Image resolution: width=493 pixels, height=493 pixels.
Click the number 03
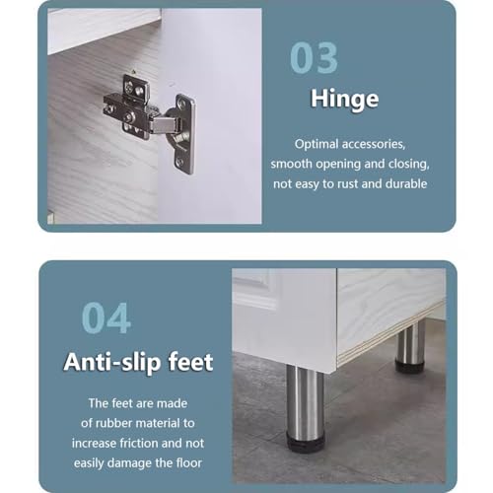pyautogui.click(x=314, y=58)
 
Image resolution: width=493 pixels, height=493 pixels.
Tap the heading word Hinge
pyautogui.click(x=345, y=99)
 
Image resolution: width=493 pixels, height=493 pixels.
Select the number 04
pyautogui.click(x=106, y=318)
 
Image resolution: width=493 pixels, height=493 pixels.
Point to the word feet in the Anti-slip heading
pyautogui.click(x=190, y=362)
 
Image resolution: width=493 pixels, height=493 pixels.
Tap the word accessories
pyautogui.click(x=374, y=144)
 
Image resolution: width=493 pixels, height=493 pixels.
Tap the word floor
pyautogui.click(x=189, y=462)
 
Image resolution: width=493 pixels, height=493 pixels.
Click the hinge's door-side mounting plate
pyautogui.click(x=183, y=133)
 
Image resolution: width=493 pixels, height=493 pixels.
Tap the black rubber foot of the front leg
pyautogui.click(x=306, y=443)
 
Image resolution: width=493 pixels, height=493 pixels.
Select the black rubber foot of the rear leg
pyautogui.click(x=410, y=367)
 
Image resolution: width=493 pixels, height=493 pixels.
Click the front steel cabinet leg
pyautogui.click(x=306, y=402)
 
